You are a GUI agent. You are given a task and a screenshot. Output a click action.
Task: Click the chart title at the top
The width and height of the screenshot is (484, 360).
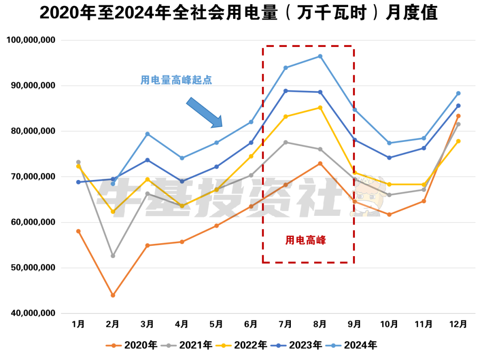(238, 14)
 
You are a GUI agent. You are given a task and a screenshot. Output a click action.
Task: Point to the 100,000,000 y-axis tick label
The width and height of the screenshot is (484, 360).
(31, 40)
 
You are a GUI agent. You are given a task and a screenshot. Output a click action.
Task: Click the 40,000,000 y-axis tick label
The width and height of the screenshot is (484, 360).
(33, 313)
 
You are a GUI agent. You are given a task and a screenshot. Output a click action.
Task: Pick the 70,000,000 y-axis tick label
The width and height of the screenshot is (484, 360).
(33, 177)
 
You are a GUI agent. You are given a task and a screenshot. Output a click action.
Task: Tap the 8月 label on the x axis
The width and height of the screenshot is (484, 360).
(320, 324)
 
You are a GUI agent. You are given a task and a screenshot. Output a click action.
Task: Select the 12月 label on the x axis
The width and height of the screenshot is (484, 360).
(458, 324)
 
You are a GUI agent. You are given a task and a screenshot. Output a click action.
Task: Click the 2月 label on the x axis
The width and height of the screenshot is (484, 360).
(113, 324)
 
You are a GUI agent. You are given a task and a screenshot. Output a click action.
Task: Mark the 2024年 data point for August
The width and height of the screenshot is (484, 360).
(320, 56)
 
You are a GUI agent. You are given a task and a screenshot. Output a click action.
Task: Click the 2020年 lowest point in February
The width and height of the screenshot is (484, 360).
(113, 296)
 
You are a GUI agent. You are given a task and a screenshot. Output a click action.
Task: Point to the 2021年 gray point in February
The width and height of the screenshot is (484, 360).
(113, 256)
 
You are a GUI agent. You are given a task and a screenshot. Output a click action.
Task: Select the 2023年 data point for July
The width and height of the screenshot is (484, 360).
(285, 91)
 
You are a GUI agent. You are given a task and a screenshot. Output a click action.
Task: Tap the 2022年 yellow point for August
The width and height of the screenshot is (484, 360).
(320, 107)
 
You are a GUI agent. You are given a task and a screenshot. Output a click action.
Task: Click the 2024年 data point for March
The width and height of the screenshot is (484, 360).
(147, 134)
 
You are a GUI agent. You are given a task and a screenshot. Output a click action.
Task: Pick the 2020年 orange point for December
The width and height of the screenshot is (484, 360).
(458, 116)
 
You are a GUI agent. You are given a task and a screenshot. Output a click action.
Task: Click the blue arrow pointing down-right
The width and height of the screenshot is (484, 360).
(204, 113)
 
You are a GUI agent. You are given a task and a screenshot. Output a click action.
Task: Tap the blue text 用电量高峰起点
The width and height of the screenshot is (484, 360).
(176, 81)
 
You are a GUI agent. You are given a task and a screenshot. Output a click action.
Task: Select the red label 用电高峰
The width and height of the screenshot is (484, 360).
(306, 240)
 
